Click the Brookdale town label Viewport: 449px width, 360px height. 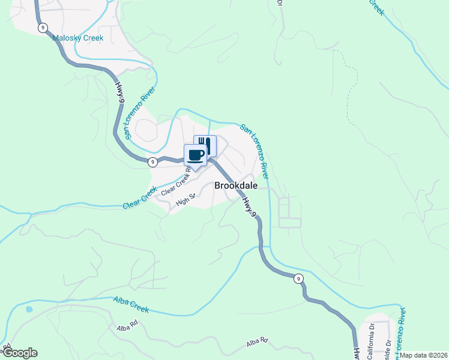coord(236,186)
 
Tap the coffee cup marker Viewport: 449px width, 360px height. coord(195,155)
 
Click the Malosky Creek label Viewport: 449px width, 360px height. coord(78,38)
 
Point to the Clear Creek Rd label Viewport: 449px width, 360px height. coord(176,181)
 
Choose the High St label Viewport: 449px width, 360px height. coord(185,199)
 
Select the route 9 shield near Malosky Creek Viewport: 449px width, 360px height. coord(42,28)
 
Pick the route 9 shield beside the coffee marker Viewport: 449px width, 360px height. coord(153,161)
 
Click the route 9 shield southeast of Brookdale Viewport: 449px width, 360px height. coord(298,278)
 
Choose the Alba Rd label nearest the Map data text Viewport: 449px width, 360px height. coord(256,344)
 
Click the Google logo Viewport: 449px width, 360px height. coord(20,353)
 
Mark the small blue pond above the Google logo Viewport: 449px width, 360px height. coord(28,310)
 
